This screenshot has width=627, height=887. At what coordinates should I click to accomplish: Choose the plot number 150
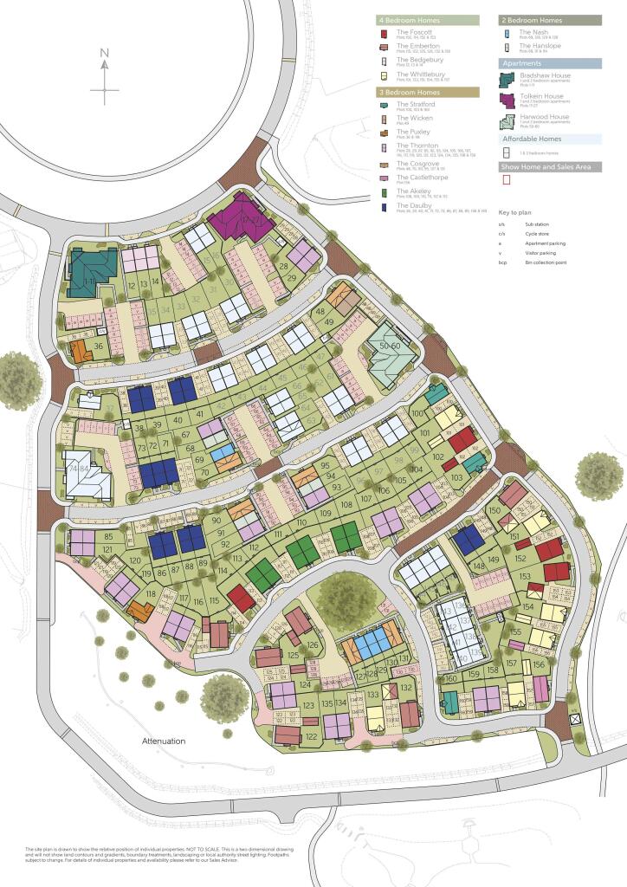click(494, 511)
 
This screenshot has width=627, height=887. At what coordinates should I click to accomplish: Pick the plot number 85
click(108, 537)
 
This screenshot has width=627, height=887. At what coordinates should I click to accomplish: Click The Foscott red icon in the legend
click(384, 34)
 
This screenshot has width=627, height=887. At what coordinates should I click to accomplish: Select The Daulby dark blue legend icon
click(384, 208)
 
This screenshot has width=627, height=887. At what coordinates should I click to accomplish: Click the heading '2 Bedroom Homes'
click(532, 19)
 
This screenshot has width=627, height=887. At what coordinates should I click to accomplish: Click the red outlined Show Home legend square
click(507, 180)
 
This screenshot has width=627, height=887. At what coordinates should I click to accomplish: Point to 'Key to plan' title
click(517, 212)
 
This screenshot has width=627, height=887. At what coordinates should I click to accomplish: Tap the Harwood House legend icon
click(508, 120)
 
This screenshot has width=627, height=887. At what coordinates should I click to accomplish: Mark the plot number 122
click(312, 736)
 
